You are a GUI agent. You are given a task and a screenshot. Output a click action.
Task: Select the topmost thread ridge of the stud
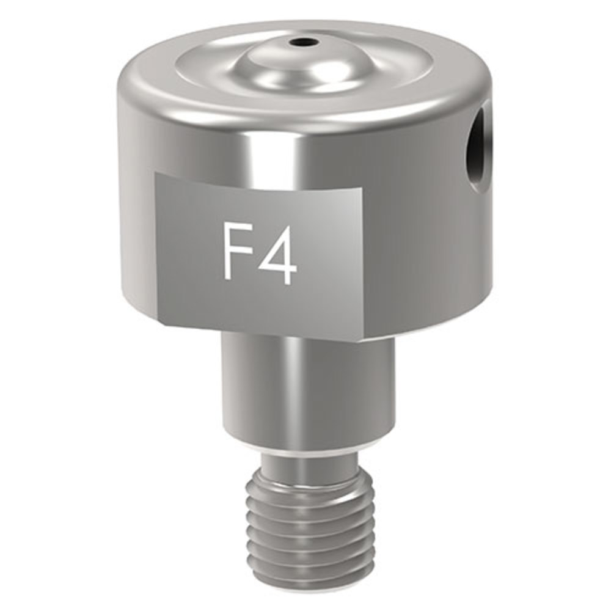tap(309, 486)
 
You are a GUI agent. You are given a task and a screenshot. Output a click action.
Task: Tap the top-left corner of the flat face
tap(155, 174)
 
